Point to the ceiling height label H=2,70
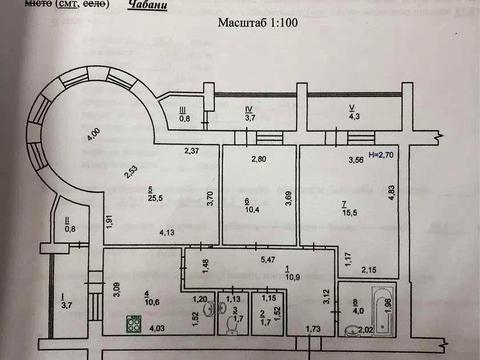(385, 157)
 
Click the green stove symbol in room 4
(132, 323)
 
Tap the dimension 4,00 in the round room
(93, 132)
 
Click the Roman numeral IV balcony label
(248, 108)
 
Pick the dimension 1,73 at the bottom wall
(312, 329)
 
